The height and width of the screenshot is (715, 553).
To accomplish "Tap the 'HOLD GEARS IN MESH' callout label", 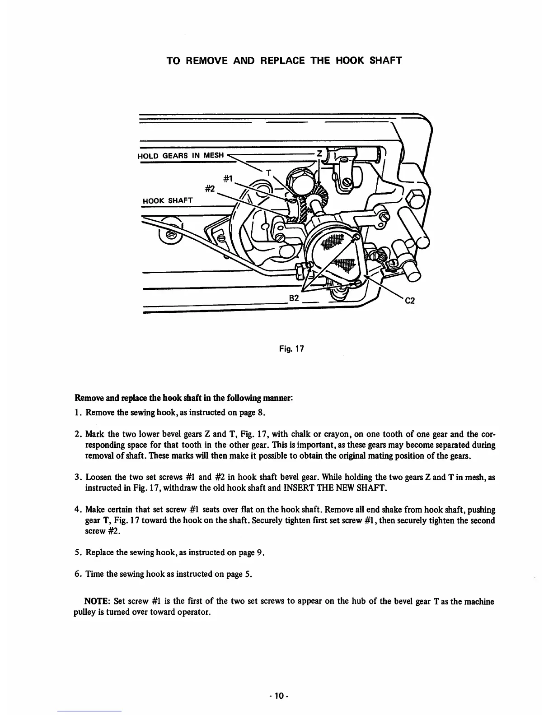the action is [x=181, y=156].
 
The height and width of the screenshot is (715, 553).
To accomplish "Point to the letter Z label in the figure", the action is [x=319, y=154].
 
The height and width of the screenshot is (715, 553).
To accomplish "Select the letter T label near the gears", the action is [x=269, y=172].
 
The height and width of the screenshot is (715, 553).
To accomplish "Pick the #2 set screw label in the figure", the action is [x=209, y=189].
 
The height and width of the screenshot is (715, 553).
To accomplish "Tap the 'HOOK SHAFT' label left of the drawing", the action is [x=168, y=200].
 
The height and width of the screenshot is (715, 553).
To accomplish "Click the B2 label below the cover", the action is [x=294, y=298].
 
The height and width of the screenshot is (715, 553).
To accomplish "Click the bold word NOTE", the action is [x=95, y=601].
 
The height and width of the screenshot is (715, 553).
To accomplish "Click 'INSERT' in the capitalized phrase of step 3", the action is [x=297, y=488].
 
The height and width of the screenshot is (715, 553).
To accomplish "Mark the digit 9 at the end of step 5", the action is [x=259, y=552].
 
